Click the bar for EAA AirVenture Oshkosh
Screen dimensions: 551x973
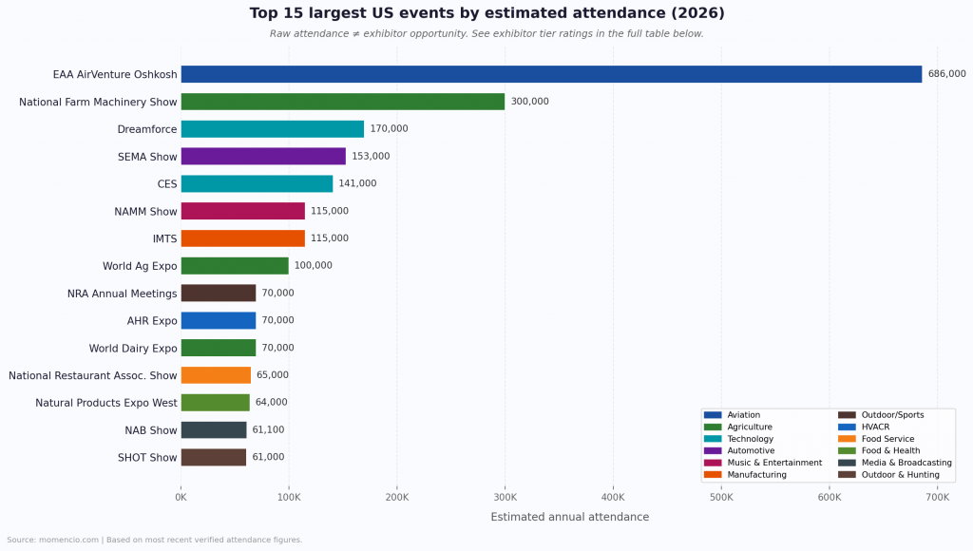coord(551,74)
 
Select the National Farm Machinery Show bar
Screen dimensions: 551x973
coord(342,102)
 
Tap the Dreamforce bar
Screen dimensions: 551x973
coord(272,129)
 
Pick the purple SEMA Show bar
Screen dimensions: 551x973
coord(263,157)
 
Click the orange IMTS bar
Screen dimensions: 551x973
coord(242,238)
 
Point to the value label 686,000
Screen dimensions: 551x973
coord(946,74)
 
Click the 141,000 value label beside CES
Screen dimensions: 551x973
coord(357,184)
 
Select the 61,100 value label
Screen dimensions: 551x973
coord(268,430)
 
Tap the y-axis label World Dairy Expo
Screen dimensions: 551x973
coord(133,349)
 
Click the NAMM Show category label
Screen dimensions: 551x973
coord(145,212)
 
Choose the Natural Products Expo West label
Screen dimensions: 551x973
coord(106,403)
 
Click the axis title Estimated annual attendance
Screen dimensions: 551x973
coord(569,517)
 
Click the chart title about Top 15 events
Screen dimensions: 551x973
coord(486,13)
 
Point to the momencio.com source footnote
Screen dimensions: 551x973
coord(154,540)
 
